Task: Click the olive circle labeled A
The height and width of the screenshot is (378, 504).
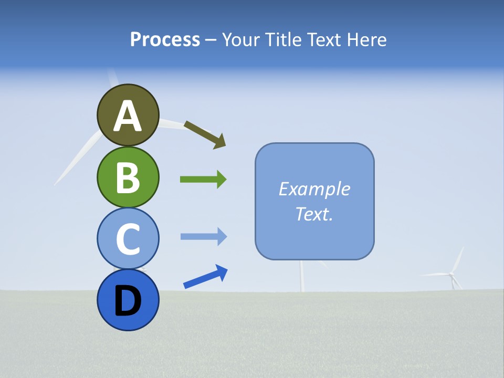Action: click(128, 115)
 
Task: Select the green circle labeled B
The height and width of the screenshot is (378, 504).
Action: click(128, 177)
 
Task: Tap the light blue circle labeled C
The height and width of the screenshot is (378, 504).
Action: click(128, 238)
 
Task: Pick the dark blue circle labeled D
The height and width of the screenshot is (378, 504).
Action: click(128, 300)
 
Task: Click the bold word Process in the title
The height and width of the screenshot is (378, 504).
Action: click(165, 39)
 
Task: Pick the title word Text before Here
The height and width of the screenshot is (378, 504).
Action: click(325, 39)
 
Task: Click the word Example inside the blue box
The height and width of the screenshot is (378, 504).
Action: click(314, 189)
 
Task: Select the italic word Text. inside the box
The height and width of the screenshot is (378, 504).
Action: click(314, 214)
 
